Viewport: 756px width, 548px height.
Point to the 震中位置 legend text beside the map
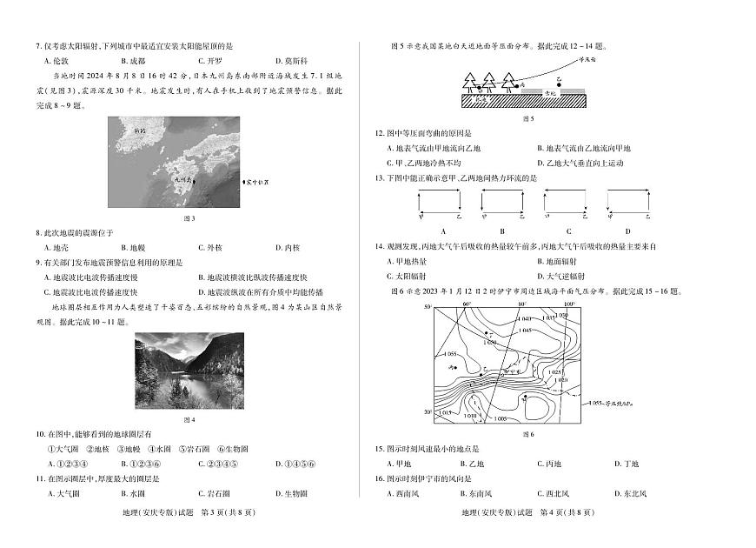coord(255,183)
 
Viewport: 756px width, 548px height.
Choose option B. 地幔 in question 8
coord(132,247)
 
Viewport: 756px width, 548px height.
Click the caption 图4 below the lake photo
coord(189,419)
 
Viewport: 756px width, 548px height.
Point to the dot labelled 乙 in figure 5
coord(559,84)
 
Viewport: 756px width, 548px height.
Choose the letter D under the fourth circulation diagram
coord(627,231)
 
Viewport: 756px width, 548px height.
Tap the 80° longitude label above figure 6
coord(522,305)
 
